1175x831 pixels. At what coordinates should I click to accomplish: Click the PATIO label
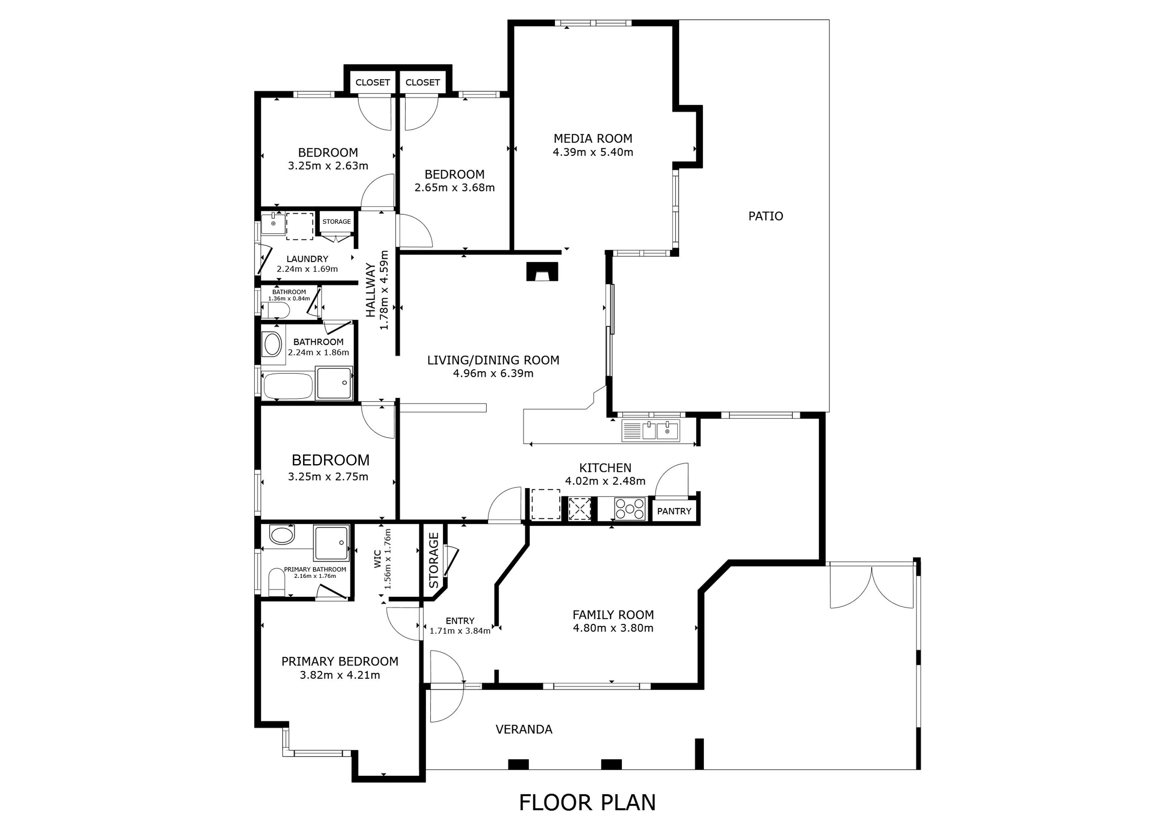pyautogui.click(x=765, y=216)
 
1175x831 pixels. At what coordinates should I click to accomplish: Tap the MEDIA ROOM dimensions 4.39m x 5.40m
pyautogui.click(x=593, y=152)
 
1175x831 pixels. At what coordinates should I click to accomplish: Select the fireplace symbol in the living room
pyautogui.click(x=542, y=272)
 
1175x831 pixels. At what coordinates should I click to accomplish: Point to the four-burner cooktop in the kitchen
pyautogui.click(x=630, y=509)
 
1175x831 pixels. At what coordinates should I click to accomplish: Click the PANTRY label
pyautogui.click(x=674, y=511)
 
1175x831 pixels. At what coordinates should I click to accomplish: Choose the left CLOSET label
pyautogui.click(x=372, y=82)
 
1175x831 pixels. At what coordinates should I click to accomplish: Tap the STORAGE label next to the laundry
pyautogui.click(x=336, y=222)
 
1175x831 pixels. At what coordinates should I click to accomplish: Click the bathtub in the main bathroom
pyautogui.click(x=287, y=386)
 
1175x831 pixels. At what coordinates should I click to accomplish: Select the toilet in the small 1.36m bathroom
pyautogui.click(x=276, y=310)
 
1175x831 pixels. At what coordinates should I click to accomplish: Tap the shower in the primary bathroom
pyautogui.click(x=331, y=543)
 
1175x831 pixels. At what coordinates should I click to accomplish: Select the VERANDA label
pyautogui.click(x=523, y=729)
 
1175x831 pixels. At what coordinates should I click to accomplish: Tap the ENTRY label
pyautogui.click(x=460, y=621)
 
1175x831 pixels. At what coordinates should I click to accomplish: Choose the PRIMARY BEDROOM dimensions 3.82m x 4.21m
pyautogui.click(x=340, y=675)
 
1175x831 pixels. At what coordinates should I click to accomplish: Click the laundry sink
pyautogui.click(x=273, y=224)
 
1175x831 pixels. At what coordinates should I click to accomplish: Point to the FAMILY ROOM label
pyautogui.click(x=613, y=615)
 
